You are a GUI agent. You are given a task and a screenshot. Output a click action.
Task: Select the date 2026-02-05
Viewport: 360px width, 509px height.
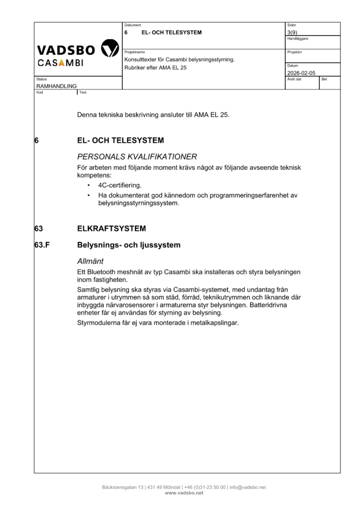[x=301, y=73]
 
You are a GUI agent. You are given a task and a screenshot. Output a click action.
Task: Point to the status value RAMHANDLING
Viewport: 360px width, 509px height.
[x=56, y=86]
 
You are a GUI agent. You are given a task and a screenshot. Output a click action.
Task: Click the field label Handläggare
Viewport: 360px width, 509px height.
[x=297, y=39]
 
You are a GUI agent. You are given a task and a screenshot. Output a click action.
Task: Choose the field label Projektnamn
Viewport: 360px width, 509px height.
[x=134, y=52]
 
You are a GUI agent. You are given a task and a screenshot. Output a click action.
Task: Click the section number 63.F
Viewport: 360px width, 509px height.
[x=43, y=245]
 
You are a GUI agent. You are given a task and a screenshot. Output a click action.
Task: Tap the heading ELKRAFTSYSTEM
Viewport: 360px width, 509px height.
[x=111, y=229]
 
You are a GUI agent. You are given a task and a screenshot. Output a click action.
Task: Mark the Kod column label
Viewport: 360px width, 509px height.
[x=40, y=92]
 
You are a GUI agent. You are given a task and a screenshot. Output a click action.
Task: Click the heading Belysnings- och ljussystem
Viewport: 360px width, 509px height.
[x=129, y=245]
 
